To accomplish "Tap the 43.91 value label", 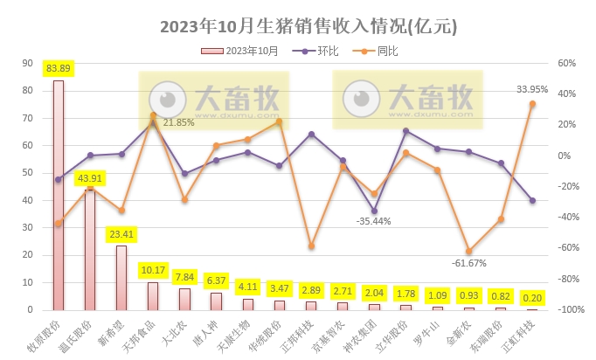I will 90,179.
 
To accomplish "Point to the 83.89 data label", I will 59,68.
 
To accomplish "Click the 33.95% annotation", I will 532,89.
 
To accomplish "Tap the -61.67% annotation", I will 469,262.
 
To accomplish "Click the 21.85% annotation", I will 178,122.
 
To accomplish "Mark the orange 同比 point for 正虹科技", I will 532,104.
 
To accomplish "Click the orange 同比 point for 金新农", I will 469,251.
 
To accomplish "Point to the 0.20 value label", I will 532,296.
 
